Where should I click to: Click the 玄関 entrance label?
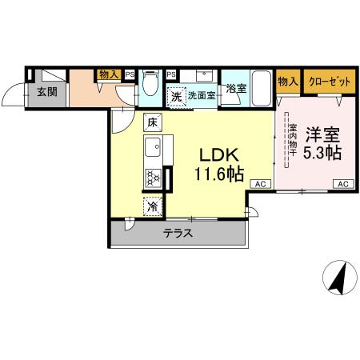click(46, 91)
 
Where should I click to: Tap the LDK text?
click(217, 155)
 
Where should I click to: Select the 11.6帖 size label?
click(218, 174)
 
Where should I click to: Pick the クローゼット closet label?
click(328, 80)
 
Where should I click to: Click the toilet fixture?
click(150, 84)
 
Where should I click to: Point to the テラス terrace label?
click(178, 234)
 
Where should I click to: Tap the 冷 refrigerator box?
click(152, 206)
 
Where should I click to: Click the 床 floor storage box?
click(152, 122)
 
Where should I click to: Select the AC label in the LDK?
click(259, 184)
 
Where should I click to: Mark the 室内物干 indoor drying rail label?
click(293, 142)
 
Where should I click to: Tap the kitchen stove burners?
click(153, 178)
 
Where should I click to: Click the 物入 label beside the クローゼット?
click(287, 80)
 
